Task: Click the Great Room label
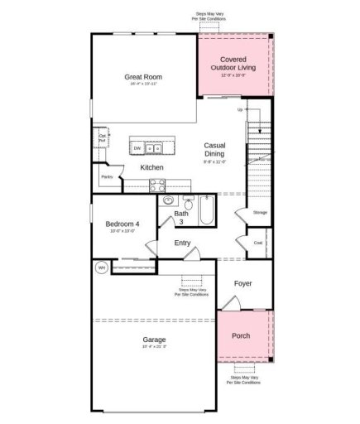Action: [x=143, y=77]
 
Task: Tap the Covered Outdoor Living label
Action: [x=233, y=64]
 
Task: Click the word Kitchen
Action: [x=151, y=168]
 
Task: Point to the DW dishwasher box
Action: [x=137, y=149]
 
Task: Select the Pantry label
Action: [x=107, y=176]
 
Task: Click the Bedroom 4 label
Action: [x=122, y=224]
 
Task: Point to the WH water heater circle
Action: [x=102, y=267]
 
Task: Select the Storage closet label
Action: [x=260, y=213]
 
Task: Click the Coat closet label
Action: [x=257, y=243]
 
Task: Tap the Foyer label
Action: [x=242, y=283]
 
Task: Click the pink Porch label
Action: [x=240, y=336]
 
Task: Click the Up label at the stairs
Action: [x=240, y=109]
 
